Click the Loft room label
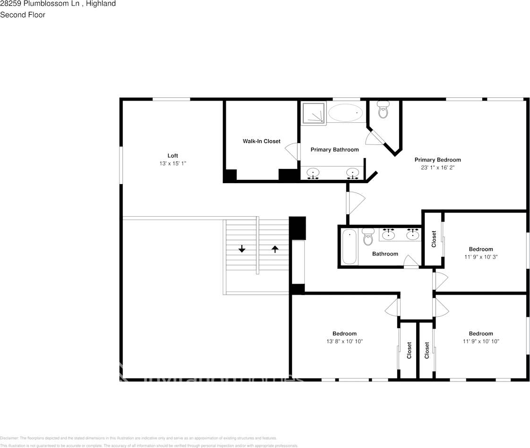pos(172,156)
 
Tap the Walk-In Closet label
pos(261,141)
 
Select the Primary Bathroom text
pos(334,150)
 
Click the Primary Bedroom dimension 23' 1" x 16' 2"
pos(437,168)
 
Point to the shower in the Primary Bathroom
pos(313,113)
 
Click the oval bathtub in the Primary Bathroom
pos(345,113)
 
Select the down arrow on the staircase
pos(242,249)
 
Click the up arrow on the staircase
pos(275,249)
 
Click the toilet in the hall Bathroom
pos(368,238)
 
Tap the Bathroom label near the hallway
pos(385,254)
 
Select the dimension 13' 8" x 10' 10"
pos(344,341)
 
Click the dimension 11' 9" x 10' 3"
pos(480,257)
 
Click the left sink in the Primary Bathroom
pos(313,173)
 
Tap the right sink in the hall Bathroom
pos(413,234)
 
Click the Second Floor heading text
pos(23,15)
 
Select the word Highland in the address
pos(101,4)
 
